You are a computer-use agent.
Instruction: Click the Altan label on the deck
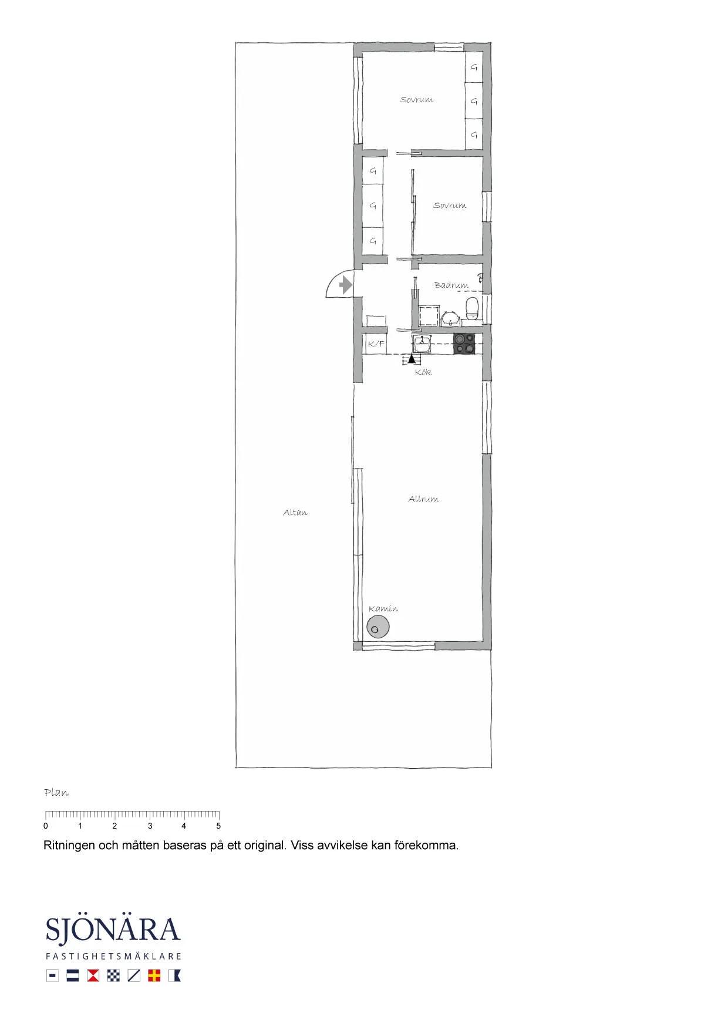click(295, 513)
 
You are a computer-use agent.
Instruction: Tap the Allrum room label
click(423, 499)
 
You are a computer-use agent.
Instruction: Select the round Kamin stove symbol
click(378, 628)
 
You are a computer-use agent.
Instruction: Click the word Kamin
click(383, 609)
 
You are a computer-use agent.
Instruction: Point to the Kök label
click(423, 372)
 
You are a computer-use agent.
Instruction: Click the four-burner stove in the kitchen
click(464, 344)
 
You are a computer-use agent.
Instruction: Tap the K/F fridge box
click(376, 344)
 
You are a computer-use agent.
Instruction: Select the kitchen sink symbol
click(422, 343)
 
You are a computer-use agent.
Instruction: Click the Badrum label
click(451, 285)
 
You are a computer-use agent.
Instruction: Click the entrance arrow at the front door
click(346, 285)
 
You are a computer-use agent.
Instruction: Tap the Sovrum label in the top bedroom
click(416, 100)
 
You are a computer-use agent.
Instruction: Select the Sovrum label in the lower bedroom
click(450, 206)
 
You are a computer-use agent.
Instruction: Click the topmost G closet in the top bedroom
click(474, 68)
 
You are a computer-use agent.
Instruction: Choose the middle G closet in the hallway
click(372, 206)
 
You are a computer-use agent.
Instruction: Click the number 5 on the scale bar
click(218, 826)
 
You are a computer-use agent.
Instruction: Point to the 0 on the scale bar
click(46, 826)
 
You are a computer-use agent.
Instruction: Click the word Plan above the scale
click(56, 793)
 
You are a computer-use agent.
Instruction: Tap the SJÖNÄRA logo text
click(113, 931)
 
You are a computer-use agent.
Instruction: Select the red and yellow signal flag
click(154, 975)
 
